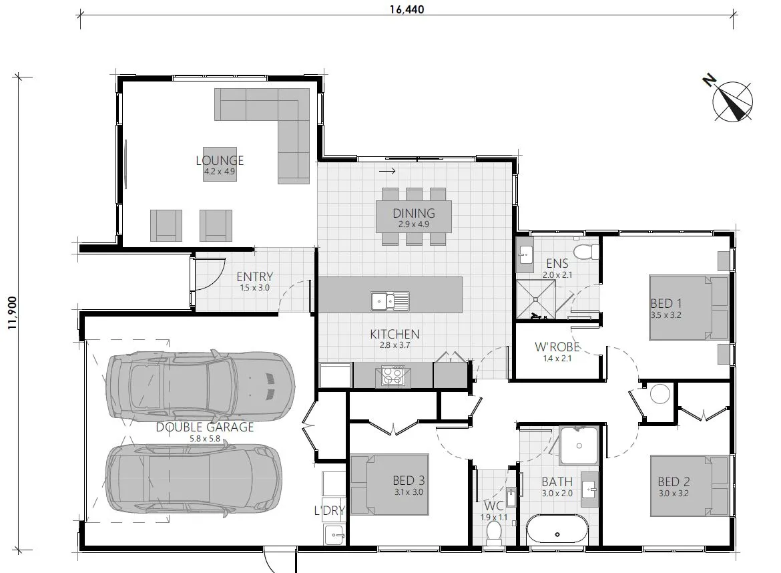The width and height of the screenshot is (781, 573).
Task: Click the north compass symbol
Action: (731, 100)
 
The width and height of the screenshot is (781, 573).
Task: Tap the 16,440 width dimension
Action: (407, 9)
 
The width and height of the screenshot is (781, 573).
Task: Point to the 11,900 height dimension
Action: (12, 313)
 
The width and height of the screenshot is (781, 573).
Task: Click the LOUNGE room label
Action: (220, 160)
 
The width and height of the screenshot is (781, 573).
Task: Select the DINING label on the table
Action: (413, 213)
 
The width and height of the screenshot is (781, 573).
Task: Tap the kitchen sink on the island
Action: (390, 301)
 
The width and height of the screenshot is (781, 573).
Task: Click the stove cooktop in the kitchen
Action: (393, 376)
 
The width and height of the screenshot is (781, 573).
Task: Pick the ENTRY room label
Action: (254, 276)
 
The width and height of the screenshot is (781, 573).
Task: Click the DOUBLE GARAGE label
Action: (205, 427)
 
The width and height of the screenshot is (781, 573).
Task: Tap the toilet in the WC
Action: (494, 533)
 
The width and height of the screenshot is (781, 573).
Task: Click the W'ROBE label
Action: (557, 347)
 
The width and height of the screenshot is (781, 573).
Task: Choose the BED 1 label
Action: (666, 303)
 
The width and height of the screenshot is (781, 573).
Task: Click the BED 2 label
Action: (674, 482)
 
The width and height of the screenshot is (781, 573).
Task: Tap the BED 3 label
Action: (409, 480)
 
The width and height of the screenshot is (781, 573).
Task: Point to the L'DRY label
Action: (329, 510)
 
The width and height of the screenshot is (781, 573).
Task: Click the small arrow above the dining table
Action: (388, 172)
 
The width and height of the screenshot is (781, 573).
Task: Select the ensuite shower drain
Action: (536, 299)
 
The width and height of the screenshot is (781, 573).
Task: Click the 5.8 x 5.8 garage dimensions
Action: (205, 439)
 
